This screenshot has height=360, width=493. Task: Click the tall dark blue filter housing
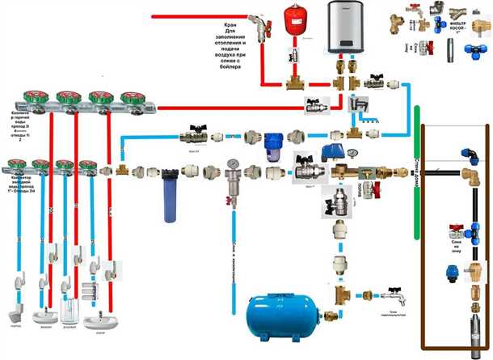click(171, 194)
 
